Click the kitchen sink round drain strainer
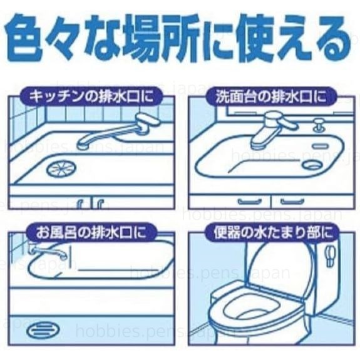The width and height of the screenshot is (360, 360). tap(61, 169)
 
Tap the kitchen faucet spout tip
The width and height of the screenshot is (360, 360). tap(82, 145)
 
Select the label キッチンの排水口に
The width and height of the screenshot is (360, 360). tap(91, 96)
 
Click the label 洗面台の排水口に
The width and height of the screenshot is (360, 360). tap(271, 97)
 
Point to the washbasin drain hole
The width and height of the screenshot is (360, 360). tap(313, 164)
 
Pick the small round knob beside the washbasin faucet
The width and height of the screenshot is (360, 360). tap(319, 125)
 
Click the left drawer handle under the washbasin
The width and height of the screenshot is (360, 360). tap(250, 202)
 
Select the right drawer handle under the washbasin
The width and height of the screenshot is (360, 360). tap(292, 202)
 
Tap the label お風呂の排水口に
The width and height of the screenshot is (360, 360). tap(91, 232)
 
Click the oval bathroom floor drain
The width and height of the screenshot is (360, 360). tap(43, 331)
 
